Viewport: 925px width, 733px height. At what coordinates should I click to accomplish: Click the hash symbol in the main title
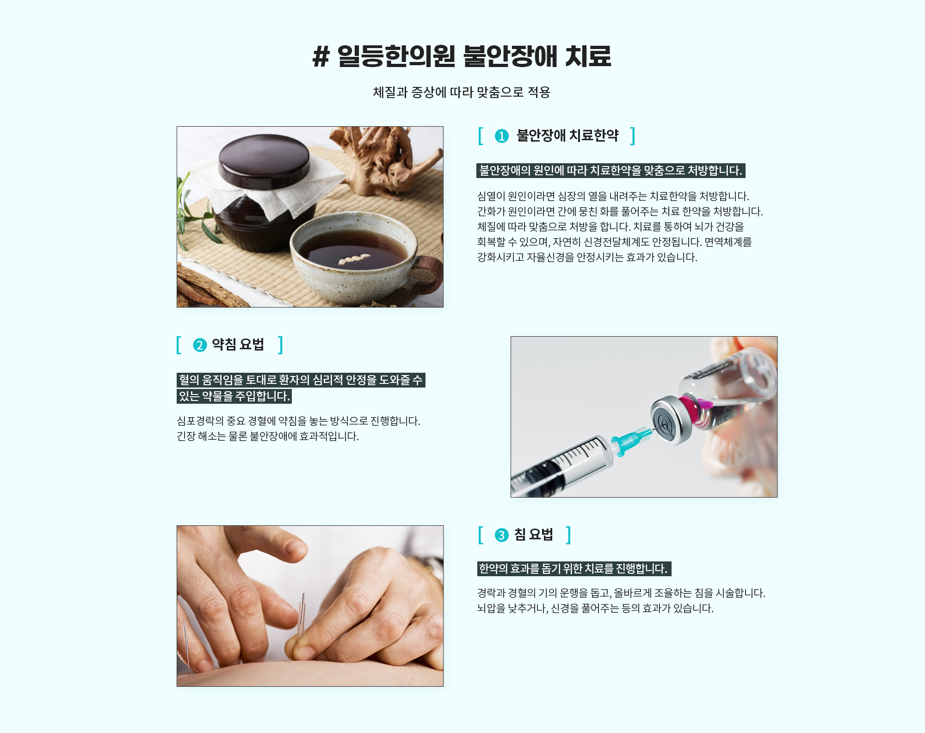tap(321, 57)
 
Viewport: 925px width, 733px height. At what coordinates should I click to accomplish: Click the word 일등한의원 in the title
tap(396, 56)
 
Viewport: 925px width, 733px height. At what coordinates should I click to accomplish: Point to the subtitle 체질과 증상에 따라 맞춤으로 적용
tap(462, 92)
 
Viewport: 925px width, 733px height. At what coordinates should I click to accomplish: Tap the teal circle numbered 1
tap(501, 136)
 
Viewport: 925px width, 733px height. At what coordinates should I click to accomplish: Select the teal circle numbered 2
tap(200, 345)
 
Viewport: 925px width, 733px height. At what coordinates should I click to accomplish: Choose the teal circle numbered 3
tap(501, 535)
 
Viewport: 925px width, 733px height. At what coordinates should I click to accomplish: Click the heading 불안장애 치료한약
tap(567, 136)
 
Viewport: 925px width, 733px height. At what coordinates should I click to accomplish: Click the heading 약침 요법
tap(238, 345)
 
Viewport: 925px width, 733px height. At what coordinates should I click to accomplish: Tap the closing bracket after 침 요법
tap(568, 535)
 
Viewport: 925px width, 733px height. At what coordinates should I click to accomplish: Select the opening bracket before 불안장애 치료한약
tap(481, 136)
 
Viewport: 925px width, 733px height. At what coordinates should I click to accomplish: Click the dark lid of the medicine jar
tap(264, 160)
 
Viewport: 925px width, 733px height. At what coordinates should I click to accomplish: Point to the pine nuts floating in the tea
tap(354, 259)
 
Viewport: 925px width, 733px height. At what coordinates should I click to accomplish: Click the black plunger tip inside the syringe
tap(550, 476)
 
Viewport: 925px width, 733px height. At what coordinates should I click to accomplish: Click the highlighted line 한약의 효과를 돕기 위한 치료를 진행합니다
tap(574, 569)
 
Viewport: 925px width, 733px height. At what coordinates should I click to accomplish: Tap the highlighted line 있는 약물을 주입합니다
tap(234, 396)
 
